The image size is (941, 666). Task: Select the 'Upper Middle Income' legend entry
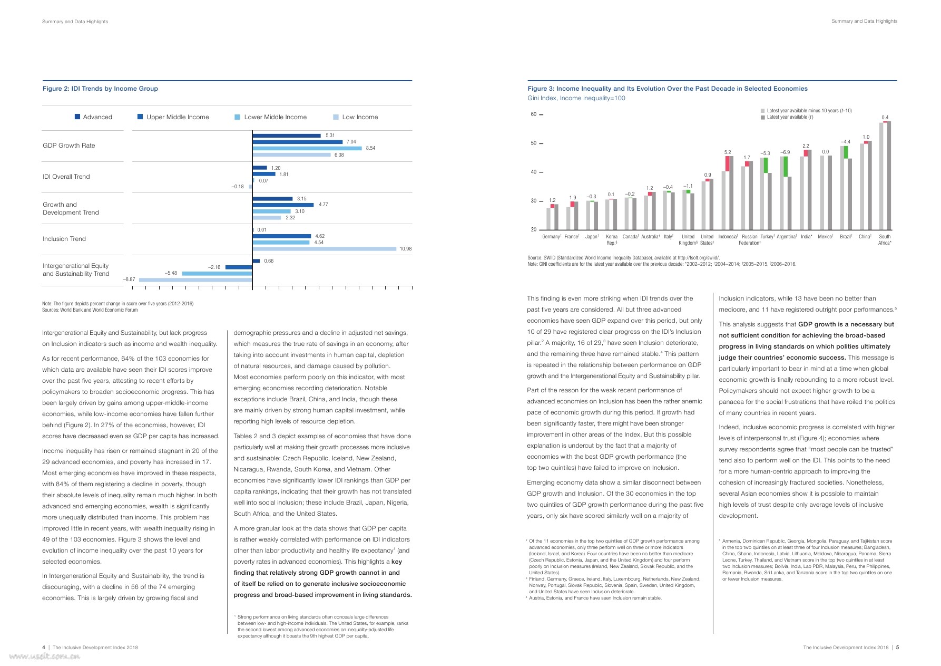point(177,117)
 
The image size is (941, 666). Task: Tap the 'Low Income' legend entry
point(359,117)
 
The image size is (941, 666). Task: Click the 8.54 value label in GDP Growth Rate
point(370,148)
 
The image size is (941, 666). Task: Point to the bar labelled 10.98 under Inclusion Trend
point(324,249)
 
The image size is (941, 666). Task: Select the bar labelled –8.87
point(195,279)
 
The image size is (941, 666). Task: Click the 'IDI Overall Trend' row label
point(66,177)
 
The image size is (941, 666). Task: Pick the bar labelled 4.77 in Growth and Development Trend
point(283,205)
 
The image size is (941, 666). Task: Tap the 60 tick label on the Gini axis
point(533,114)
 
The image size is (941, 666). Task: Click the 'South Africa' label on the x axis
point(885,240)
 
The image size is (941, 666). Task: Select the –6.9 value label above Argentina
point(785,152)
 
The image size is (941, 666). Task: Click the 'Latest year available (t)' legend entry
point(789,117)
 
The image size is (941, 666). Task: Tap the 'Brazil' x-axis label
point(846,237)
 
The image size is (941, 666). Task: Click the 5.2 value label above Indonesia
point(728,152)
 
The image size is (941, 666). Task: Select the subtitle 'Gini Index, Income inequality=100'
point(576,98)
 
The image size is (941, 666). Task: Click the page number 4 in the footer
point(44,648)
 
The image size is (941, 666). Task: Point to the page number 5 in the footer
point(897,648)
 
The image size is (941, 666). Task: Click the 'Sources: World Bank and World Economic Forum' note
point(90,310)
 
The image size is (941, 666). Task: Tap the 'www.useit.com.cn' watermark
point(44,657)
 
